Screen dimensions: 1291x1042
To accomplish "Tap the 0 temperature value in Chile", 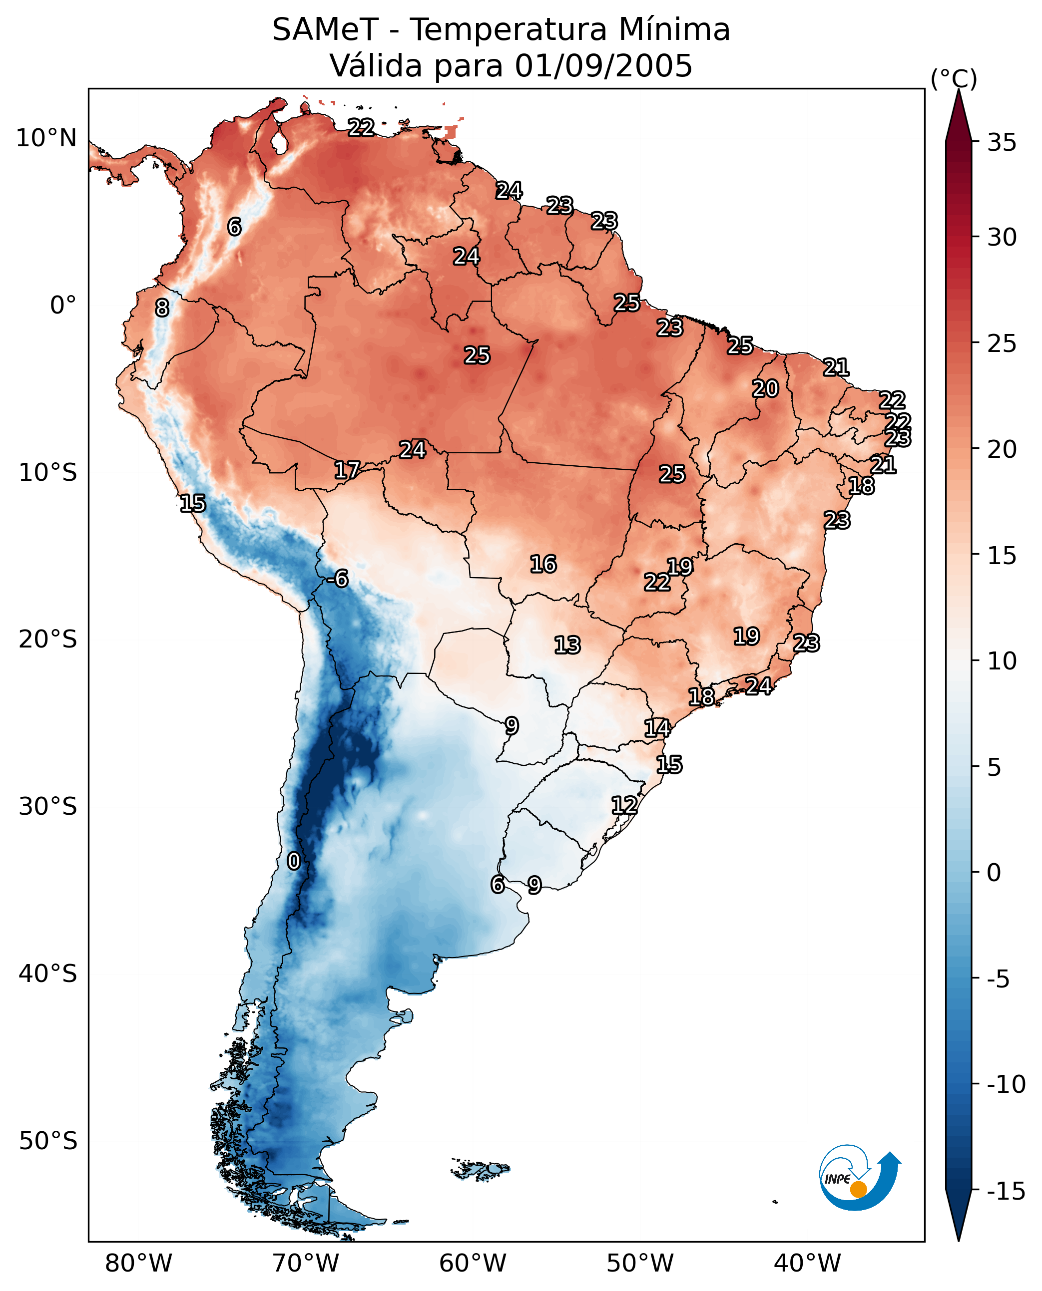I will tap(294, 862).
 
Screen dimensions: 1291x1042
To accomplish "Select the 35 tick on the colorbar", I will tap(1002, 143).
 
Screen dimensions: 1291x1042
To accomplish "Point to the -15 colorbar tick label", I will tap(1006, 1192).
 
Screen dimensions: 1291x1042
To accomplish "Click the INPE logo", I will tap(860, 1178).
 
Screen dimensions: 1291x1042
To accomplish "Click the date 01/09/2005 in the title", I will tap(603, 66).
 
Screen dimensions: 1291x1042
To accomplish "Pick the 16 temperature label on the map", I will tap(542, 565).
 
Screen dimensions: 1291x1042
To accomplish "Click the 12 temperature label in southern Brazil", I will tap(624, 805).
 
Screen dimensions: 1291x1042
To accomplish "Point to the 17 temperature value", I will tap(347, 470).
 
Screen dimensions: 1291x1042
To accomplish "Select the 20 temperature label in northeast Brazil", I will tap(765, 389).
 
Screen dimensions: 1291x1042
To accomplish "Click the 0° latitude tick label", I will tap(63, 306).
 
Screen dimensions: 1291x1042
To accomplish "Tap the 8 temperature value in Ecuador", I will tap(162, 309).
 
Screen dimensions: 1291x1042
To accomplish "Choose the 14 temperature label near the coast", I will tap(657, 728).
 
